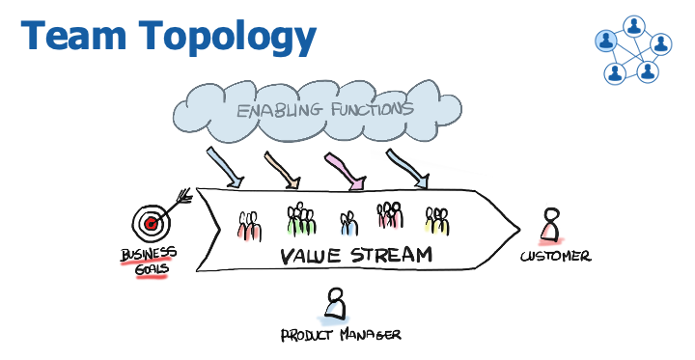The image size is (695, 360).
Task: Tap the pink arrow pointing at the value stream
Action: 347,170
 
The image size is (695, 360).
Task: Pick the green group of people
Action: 302,219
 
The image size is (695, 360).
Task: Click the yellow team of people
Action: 437,221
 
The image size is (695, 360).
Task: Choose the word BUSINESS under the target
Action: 149,255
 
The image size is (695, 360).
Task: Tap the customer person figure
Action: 549,225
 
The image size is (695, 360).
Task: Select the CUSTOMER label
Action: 555,256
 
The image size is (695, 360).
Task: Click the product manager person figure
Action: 335,303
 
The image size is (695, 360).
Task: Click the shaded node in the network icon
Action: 606,41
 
